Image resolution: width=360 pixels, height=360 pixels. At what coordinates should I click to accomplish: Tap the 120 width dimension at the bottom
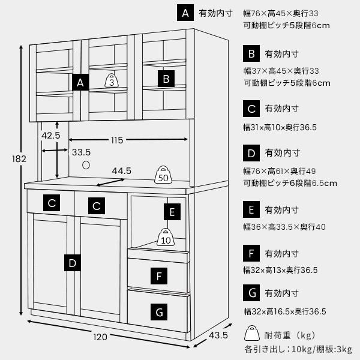[x=100, y=337]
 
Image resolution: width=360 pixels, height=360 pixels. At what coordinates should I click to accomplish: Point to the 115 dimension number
[x=116, y=140]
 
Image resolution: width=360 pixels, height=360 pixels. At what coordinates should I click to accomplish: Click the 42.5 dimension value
[x=51, y=136]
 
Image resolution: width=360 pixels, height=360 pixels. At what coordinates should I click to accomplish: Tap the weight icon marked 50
[x=163, y=176]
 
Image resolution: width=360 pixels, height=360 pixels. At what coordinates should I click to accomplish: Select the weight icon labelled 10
[x=166, y=238]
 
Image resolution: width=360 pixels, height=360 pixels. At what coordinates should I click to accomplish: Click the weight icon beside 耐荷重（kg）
[x=251, y=335]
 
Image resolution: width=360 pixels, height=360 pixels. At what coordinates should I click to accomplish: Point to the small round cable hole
[x=86, y=164]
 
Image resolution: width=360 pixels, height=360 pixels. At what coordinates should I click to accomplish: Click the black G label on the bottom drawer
[x=159, y=313]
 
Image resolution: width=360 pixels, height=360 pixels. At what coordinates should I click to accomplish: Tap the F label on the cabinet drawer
[x=159, y=276]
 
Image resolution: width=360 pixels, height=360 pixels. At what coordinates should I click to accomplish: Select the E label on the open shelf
[x=172, y=212]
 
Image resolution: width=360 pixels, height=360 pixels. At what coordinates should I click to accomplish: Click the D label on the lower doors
[x=72, y=263]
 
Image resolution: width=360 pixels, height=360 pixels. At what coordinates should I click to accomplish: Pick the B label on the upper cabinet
[x=167, y=78]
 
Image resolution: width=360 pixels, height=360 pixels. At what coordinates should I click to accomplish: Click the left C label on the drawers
[x=52, y=203]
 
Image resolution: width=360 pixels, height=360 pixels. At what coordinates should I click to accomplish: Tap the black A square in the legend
[x=187, y=13]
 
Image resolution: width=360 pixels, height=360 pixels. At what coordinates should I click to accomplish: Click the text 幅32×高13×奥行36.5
[x=280, y=270]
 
